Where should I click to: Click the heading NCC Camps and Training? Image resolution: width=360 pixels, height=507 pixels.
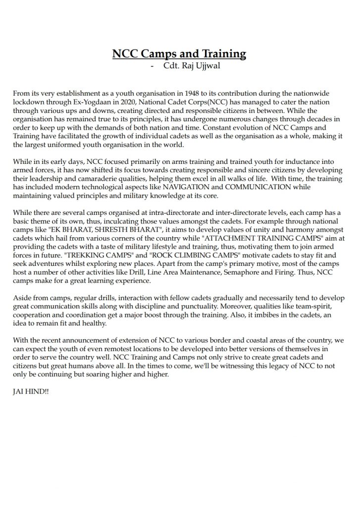[179, 53]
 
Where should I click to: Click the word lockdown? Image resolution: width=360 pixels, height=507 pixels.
[28, 101]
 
